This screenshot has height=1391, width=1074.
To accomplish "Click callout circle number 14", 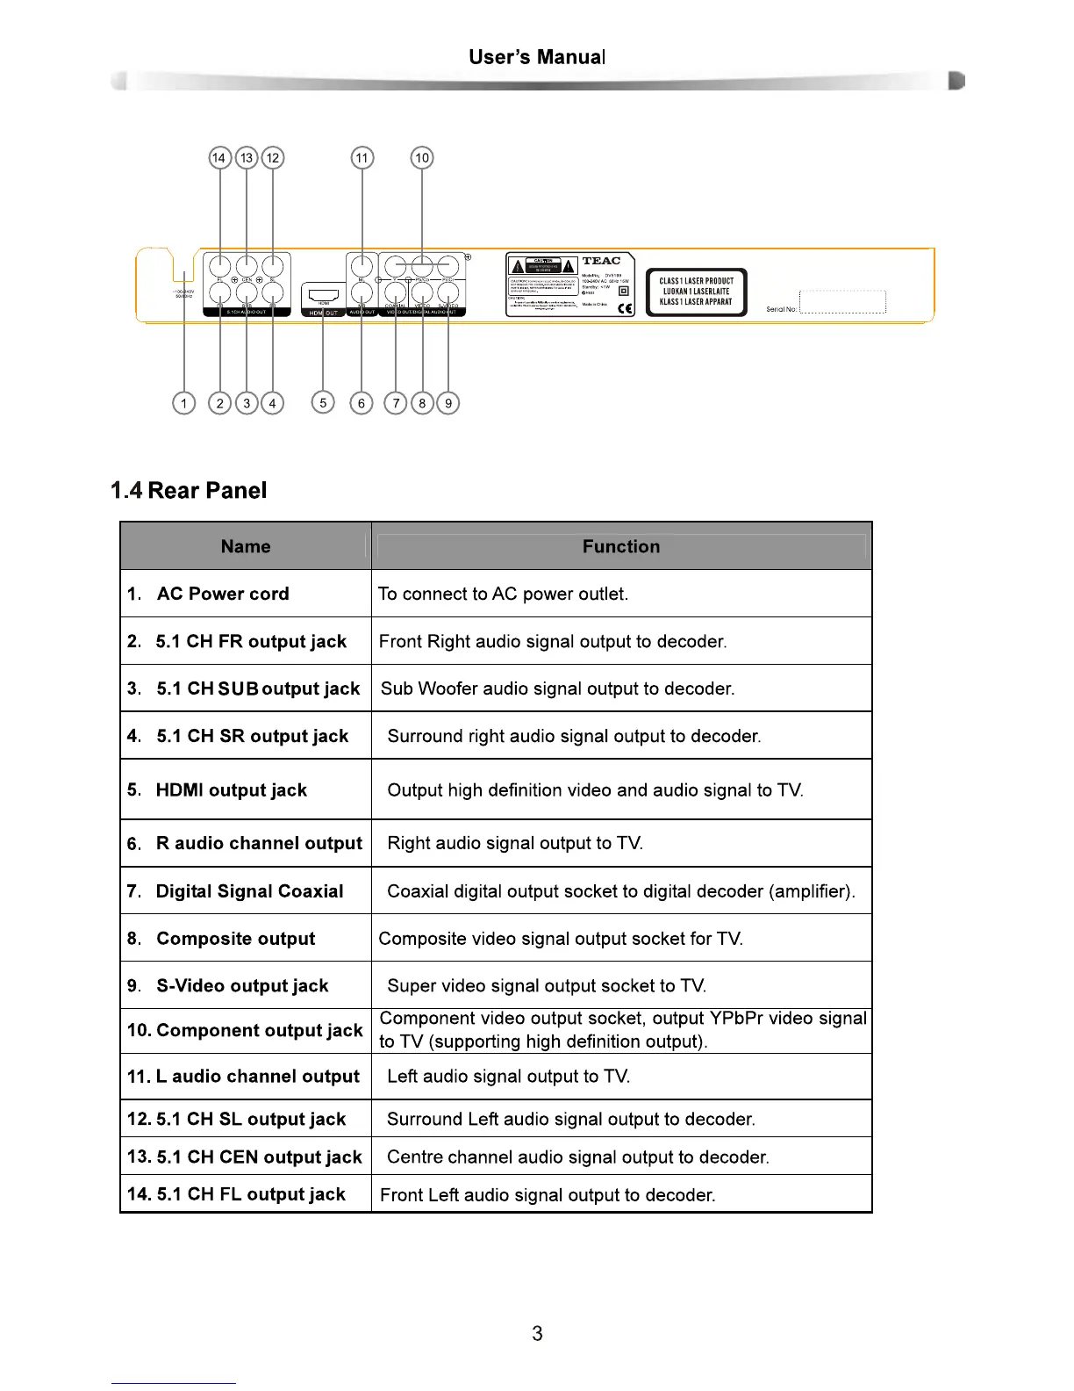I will click(x=219, y=158).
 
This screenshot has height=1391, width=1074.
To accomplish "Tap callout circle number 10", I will click(x=422, y=158).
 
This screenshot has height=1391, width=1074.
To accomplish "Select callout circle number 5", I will click(x=323, y=403).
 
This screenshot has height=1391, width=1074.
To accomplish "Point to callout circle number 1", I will click(x=183, y=403).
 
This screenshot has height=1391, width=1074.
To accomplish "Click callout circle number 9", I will click(x=448, y=403).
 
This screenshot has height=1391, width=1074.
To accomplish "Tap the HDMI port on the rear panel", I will click(x=323, y=296).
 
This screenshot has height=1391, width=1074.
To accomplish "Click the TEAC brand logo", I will click(x=601, y=261).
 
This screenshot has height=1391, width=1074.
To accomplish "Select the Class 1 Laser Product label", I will click(x=696, y=292).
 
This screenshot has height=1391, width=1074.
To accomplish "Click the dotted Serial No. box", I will click(x=842, y=302).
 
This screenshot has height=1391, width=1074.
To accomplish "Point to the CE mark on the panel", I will click(x=625, y=308).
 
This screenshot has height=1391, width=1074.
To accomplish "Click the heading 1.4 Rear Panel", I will click(x=189, y=490).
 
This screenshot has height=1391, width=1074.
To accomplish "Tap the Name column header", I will click(x=246, y=546).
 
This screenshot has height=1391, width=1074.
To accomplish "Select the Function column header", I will click(x=621, y=546).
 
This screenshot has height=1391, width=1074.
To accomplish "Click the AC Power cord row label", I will click(x=223, y=594).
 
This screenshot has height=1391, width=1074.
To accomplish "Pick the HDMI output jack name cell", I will click(x=231, y=789).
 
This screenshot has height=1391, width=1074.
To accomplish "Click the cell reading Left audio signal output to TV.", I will click(x=509, y=1077).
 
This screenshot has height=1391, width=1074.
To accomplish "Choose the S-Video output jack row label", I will click(x=242, y=985).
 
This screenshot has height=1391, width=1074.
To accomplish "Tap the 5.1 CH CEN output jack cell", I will click(x=259, y=1157).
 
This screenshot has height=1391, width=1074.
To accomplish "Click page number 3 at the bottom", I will click(x=537, y=1333).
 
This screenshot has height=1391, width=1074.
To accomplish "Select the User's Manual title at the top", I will click(x=537, y=57).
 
